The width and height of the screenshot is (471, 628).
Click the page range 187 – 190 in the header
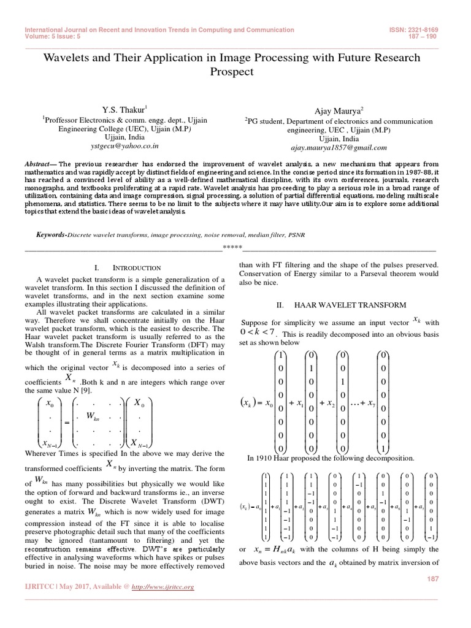pos(440,36)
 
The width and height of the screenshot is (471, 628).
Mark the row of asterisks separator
pos(232,248)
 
